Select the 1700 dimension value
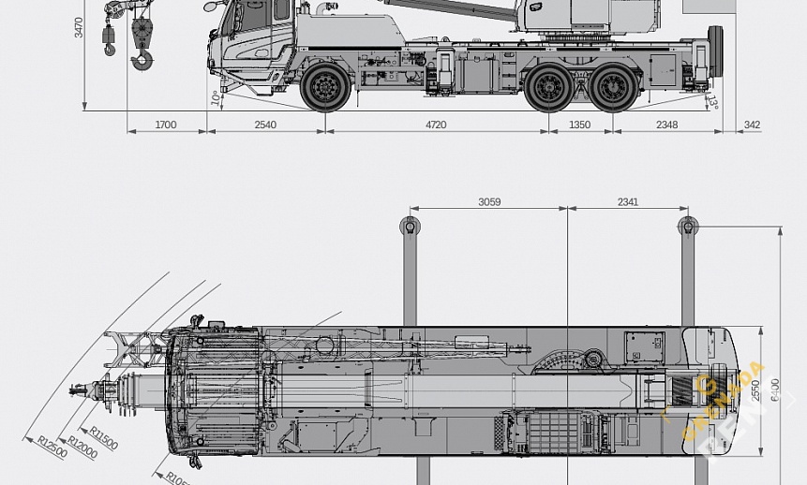tap(166, 125)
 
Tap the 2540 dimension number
tap(265, 125)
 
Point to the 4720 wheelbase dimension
tap(436, 125)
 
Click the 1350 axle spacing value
tap(580, 125)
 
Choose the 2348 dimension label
tap(666, 125)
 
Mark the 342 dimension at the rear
tap(752, 125)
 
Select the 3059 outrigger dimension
tap(488, 202)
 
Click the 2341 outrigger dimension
tap(628, 202)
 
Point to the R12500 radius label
tap(52, 447)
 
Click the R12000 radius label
tap(82, 447)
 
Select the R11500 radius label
tap(104, 437)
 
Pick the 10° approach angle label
tap(216, 97)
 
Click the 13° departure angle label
tap(712, 101)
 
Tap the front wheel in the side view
tap(325, 87)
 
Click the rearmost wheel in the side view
tap(614, 88)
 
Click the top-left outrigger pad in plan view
tap(410, 226)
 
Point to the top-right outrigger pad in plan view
tap(687, 226)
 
